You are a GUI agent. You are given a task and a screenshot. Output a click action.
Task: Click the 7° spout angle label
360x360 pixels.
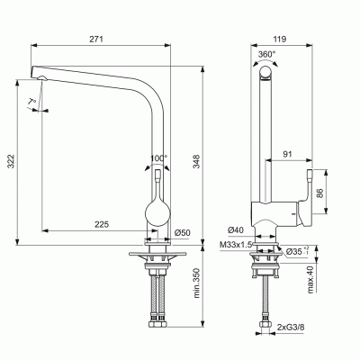[x=32, y=101]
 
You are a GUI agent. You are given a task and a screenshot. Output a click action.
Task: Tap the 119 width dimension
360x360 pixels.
[x=279, y=39]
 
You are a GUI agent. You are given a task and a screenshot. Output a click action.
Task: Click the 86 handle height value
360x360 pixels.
[x=331, y=191]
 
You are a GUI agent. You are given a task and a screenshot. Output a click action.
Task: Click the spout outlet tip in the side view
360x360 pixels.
[x=43, y=81]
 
